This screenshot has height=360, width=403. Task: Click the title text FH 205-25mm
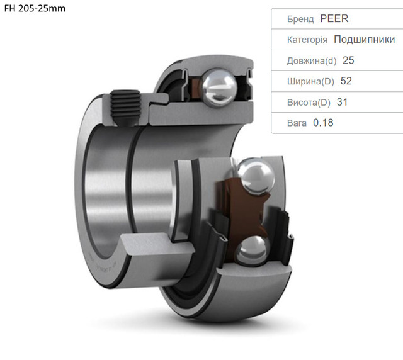click(35, 8)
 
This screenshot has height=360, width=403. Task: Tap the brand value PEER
click(334, 19)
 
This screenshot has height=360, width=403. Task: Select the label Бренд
click(300, 19)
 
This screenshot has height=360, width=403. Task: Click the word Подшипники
click(364, 39)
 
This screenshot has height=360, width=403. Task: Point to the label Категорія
click(307, 40)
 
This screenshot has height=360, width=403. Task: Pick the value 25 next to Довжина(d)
click(348, 60)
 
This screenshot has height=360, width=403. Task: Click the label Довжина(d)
click(312, 60)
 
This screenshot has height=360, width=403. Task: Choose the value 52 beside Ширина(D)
click(346, 81)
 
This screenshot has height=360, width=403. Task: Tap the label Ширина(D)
click(310, 81)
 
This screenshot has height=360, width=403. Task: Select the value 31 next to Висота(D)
click(342, 102)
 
